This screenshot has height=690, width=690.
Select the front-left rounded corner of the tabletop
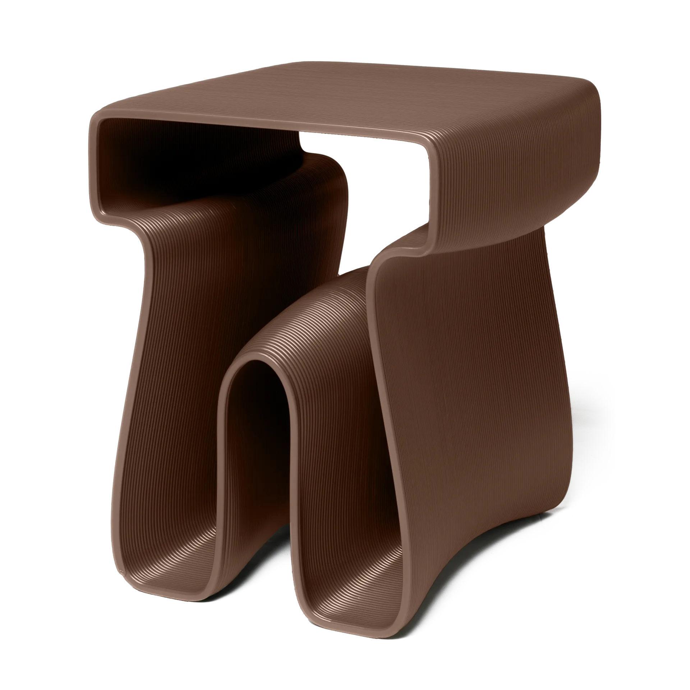(x=99, y=124)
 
